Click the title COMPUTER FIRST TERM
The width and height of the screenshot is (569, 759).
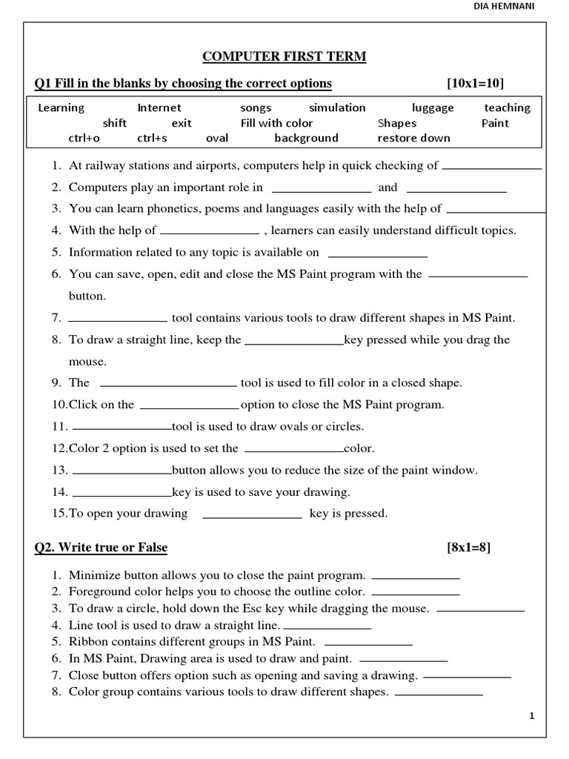pos(285,57)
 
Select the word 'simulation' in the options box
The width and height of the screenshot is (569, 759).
pos(337,107)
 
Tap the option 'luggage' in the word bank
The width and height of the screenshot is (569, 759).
pos(433,107)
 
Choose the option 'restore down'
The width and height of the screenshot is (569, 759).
pos(413,138)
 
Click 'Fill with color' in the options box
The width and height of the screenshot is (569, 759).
pos(276,123)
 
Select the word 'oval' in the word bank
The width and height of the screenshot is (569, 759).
pos(217,138)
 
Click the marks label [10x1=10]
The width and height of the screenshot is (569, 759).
pos(474,82)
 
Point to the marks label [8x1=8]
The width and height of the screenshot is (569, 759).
pos(468,548)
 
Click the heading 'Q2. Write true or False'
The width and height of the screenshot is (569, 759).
pos(101,548)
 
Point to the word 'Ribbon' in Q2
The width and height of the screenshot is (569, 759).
pos(87,642)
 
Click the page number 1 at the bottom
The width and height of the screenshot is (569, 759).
pos(532,715)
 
